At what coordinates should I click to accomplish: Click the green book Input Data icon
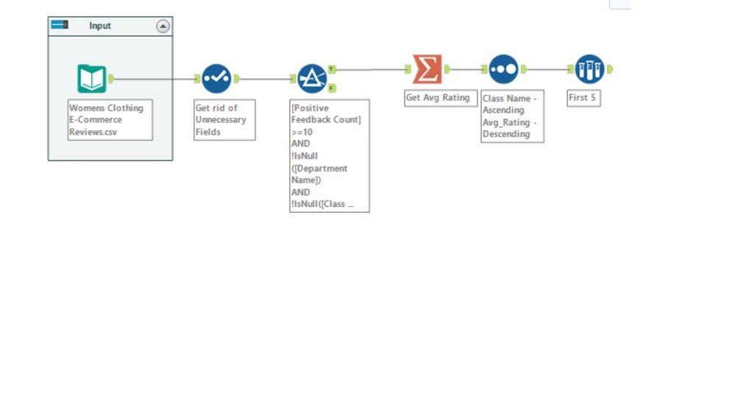click(x=92, y=79)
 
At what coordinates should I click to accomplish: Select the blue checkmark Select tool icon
click(x=216, y=79)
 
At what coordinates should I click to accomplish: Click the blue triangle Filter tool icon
click(x=312, y=79)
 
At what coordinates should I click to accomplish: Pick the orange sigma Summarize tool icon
click(x=427, y=69)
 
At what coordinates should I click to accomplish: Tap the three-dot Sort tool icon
click(x=503, y=69)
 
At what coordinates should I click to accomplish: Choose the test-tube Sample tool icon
click(x=589, y=69)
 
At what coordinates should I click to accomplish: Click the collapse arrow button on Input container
click(x=163, y=27)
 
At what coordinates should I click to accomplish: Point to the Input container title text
click(x=100, y=26)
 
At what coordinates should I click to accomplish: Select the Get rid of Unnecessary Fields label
click(x=221, y=119)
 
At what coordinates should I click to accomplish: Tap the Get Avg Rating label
click(x=438, y=97)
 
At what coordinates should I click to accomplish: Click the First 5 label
click(x=582, y=97)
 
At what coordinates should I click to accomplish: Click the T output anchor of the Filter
click(x=332, y=69)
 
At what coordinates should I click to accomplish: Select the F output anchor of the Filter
click(x=332, y=88)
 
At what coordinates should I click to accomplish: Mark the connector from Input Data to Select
click(x=155, y=79)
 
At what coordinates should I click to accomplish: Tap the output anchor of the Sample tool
click(x=610, y=69)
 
